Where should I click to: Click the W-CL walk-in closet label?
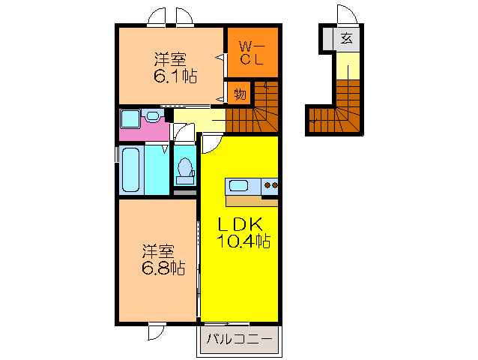click(x=251, y=53)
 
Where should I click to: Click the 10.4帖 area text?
click(x=243, y=241)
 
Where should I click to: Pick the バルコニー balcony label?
click(x=239, y=339)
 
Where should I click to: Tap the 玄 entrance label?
click(x=346, y=38)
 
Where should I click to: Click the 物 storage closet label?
click(x=240, y=94)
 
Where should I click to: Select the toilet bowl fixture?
click(x=184, y=171)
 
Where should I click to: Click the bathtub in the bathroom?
click(x=130, y=170)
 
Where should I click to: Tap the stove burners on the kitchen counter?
click(x=270, y=185)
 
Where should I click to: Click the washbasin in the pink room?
click(x=153, y=116)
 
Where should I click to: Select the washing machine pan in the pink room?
click(x=130, y=118)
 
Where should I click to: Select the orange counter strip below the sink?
click(x=251, y=201)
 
